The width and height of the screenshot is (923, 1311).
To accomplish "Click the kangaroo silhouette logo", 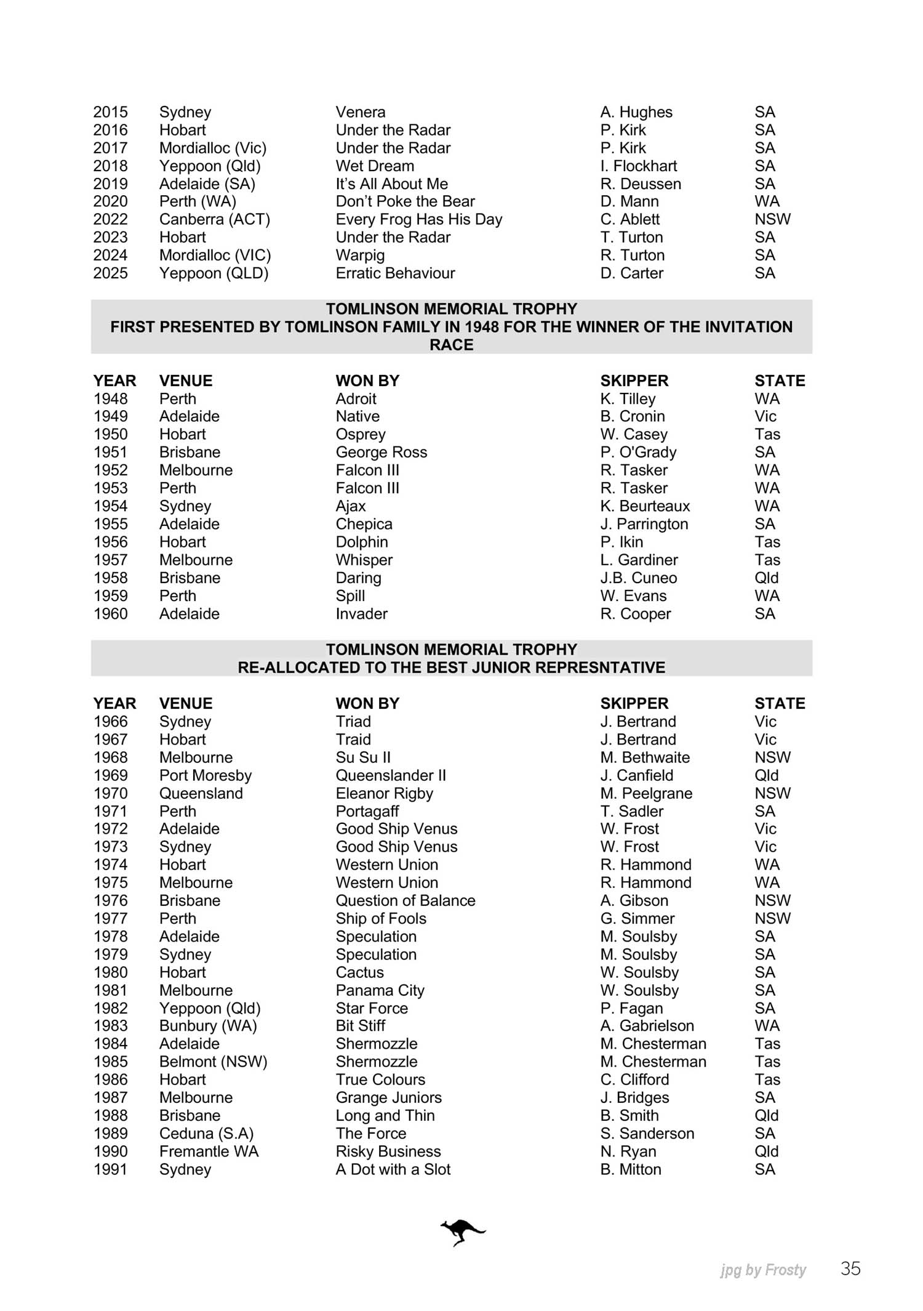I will (x=463, y=1232).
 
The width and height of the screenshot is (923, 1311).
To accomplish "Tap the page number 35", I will (x=850, y=1269).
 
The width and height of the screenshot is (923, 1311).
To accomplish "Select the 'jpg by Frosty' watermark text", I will (x=763, y=1270).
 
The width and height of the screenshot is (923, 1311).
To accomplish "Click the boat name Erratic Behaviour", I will (x=395, y=273).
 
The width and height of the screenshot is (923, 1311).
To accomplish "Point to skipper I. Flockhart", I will (x=638, y=166).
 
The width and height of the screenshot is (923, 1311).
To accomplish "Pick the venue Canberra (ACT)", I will (x=214, y=220).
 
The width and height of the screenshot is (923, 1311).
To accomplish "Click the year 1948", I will (x=110, y=399).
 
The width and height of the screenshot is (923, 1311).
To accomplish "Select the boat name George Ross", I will (x=381, y=453).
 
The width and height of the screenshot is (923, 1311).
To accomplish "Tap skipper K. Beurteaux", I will (x=645, y=506).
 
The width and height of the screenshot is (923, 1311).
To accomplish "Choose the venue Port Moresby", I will (x=205, y=776).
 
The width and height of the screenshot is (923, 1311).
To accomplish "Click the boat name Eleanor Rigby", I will (x=384, y=794).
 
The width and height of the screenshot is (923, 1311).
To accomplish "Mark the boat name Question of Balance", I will (x=405, y=901).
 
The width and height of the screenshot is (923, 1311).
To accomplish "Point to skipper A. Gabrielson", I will (x=647, y=1026).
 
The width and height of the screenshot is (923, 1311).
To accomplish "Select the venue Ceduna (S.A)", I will (x=206, y=1134).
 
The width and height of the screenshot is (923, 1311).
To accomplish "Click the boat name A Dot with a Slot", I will (x=393, y=1169).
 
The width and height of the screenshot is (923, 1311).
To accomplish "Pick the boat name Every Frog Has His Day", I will (x=418, y=220).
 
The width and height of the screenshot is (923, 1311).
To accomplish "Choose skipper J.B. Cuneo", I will (x=638, y=578).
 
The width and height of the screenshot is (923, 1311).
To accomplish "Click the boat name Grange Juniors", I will (x=388, y=1098).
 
